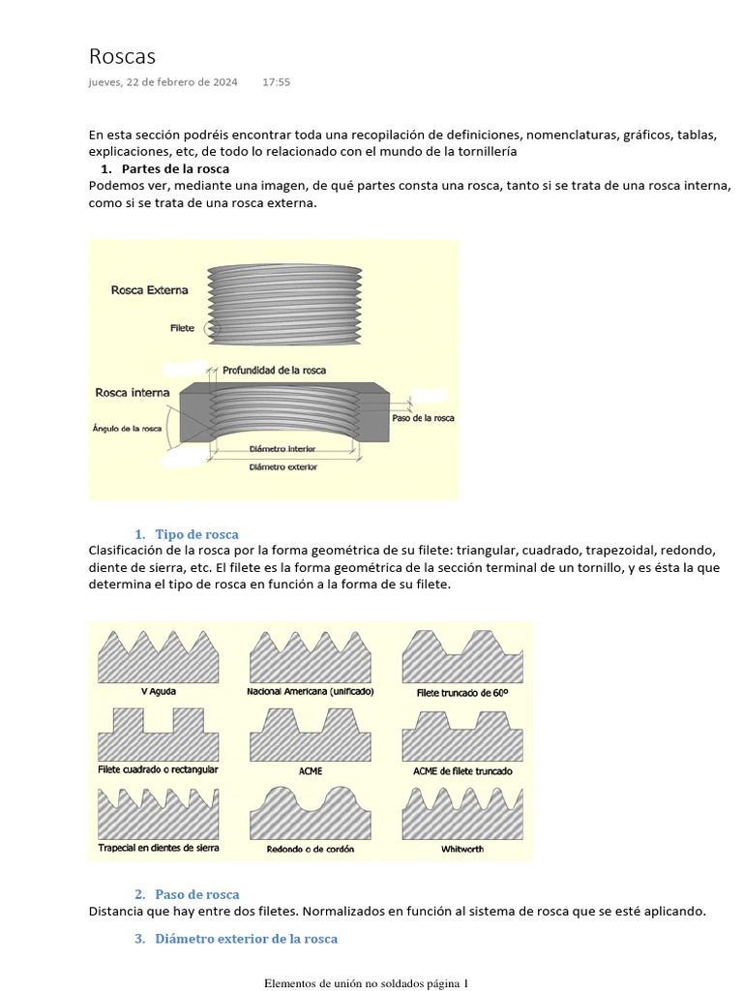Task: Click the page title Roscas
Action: pos(122,56)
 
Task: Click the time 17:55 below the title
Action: pos(276,82)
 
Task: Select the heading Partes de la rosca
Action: pos(175,168)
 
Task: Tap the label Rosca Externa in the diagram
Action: pos(150,289)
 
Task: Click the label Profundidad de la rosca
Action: pos(274,370)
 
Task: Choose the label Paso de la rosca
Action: pos(423,418)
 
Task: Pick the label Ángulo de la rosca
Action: pos(127,427)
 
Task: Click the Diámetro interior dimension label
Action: pos(282,449)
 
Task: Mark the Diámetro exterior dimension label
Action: pos(282,466)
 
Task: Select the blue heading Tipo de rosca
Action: pos(196,534)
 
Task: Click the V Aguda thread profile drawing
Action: pos(159,657)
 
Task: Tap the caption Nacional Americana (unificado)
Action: pos(310,692)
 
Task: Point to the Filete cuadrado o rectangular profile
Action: pos(159,735)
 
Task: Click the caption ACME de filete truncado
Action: pos(462,771)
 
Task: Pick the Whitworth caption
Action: pos(462,849)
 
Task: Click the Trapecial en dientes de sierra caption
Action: pos(159,848)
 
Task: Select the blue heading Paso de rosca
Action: pos(196,894)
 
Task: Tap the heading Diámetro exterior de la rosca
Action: pos(246,939)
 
